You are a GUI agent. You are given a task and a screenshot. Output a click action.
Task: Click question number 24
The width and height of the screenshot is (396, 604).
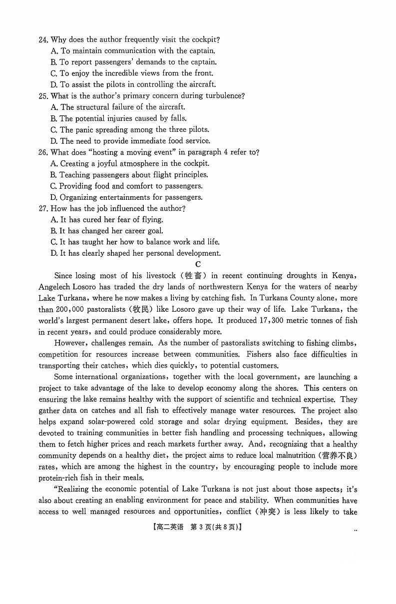click(43, 39)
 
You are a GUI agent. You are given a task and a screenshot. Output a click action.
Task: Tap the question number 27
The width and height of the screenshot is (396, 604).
click(43, 208)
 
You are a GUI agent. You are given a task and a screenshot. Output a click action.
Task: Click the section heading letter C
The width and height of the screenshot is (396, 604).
click(198, 264)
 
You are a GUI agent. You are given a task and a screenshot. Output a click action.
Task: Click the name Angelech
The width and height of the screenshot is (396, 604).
click(56, 287)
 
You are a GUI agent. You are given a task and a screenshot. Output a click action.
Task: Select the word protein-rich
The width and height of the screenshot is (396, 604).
click(59, 478)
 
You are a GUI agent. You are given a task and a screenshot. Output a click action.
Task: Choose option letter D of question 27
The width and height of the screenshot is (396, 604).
click(54, 253)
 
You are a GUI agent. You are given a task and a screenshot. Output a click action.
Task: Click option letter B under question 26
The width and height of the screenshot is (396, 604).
click(53, 175)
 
